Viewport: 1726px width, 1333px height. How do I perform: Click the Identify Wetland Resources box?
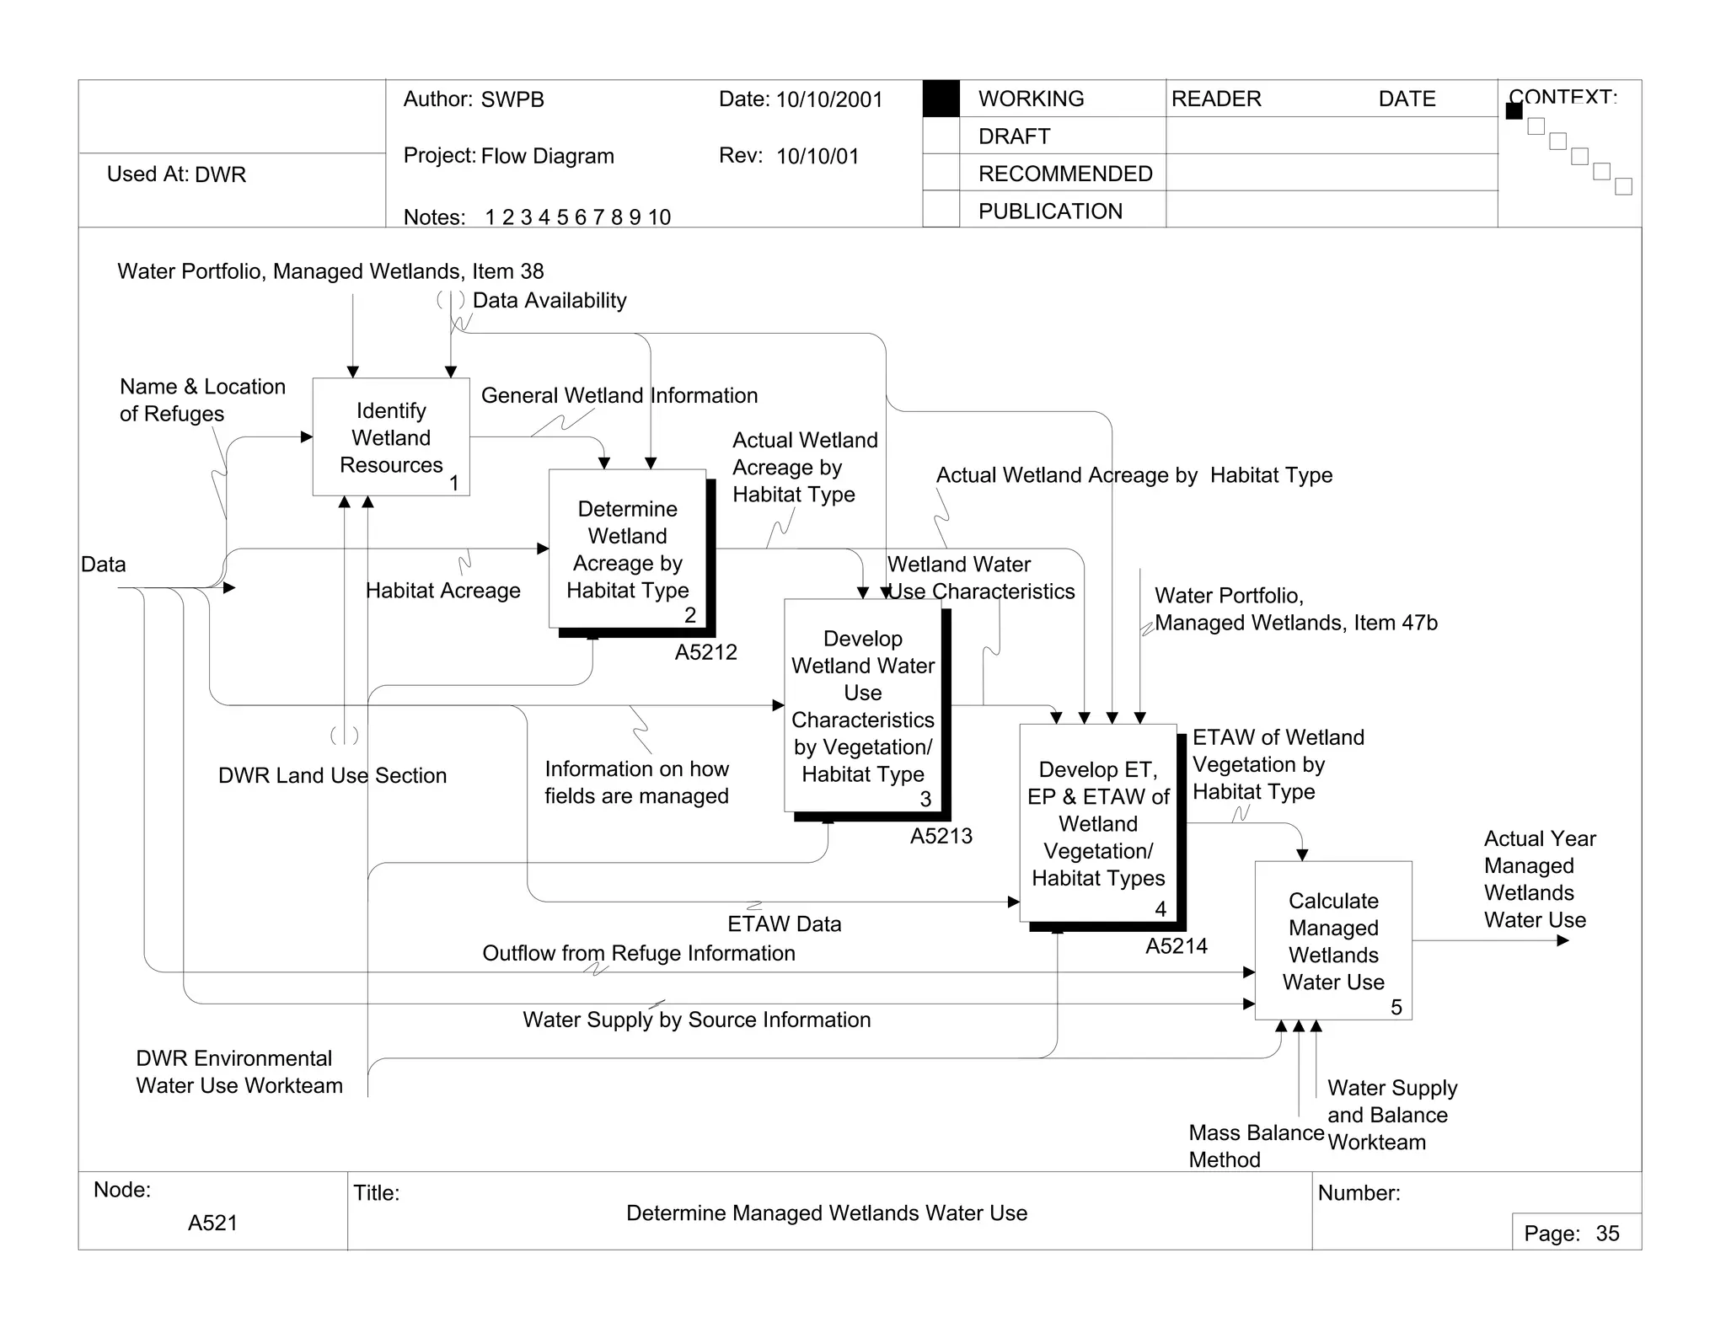(391, 436)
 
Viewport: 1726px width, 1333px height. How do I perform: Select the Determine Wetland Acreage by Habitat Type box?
(627, 549)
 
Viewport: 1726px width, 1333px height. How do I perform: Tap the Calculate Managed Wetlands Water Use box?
(1333, 940)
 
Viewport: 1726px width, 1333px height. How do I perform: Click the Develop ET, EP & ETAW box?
(1098, 823)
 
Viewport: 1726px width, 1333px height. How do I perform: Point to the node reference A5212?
(705, 652)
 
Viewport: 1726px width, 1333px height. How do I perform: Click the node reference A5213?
(941, 836)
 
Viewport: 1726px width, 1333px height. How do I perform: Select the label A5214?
(1176, 946)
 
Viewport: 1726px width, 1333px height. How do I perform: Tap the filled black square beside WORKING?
(941, 99)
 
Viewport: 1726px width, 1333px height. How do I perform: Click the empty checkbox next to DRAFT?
(941, 136)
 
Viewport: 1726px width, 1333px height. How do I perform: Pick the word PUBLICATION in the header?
(1050, 211)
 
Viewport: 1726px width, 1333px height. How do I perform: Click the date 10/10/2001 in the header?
(828, 99)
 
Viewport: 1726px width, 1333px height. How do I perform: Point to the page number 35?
(1607, 1234)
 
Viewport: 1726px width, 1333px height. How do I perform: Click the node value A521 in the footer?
(212, 1223)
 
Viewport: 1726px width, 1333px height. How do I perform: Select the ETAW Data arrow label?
(784, 924)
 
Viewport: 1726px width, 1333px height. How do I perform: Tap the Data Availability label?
(549, 301)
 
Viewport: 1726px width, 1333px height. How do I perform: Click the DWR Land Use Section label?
(332, 775)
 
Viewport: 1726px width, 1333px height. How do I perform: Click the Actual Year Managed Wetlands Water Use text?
(1539, 879)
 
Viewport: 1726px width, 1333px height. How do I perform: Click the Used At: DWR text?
(176, 174)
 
